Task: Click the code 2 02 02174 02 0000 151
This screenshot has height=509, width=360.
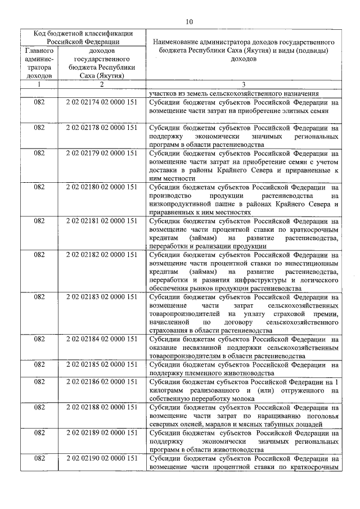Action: [x=101, y=103]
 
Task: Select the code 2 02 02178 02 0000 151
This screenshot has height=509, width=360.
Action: [x=101, y=128]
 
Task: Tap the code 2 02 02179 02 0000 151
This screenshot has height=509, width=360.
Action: [x=101, y=152]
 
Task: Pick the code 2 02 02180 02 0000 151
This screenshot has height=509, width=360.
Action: [x=101, y=186]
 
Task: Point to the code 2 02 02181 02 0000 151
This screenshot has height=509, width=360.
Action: [x=101, y=220]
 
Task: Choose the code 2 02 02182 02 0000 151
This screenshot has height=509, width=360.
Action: [x=101, y=255]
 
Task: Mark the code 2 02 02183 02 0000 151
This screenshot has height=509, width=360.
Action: [x=101, y=297]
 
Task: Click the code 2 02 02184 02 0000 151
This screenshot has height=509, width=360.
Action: [x=101, y=339]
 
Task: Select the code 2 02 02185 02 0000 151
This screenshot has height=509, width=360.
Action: [x=101, y=364]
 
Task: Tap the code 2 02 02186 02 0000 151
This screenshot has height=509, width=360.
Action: [x=101, y=382]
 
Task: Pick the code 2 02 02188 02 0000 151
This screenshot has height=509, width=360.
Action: [x=101, y=407]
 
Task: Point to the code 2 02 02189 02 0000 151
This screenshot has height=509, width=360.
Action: [x=101, y=433]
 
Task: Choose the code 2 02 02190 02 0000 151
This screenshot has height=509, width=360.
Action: [x=101, y=458]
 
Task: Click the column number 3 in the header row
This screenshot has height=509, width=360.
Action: [x=244, y=84]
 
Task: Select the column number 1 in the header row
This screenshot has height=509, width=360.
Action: [x=39, y=84]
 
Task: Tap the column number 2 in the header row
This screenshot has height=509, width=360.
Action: [x=101, y=84]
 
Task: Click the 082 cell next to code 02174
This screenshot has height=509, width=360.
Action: [x=39, y=103]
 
